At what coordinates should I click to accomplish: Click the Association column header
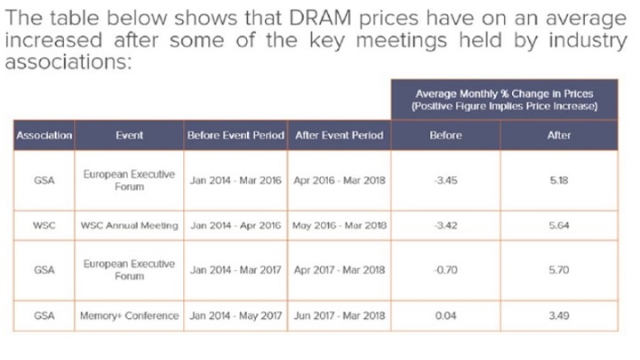(x=44, y=135)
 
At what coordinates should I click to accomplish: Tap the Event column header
(x=130, y=135)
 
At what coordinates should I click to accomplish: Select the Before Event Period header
(x=236, y=135)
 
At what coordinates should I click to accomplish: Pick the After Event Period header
(x=340, y=135)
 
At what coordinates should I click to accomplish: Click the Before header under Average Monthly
(x=445, y=135)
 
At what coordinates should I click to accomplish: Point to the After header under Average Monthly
(x=559, y=135)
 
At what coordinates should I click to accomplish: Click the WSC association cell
(x=44, y=225)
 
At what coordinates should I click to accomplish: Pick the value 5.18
(x=559, y=180)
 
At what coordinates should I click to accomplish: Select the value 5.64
(x=559, y=225)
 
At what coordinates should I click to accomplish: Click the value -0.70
(x=445, y=270)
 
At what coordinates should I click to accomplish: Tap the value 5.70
(x=559, y=270)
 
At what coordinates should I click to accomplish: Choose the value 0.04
(x=445, y=315)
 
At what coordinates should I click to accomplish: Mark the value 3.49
(x=559, y=315)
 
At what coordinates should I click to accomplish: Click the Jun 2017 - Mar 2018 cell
(x=340, y=315)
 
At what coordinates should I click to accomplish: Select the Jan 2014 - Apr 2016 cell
(x=236, y=225)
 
